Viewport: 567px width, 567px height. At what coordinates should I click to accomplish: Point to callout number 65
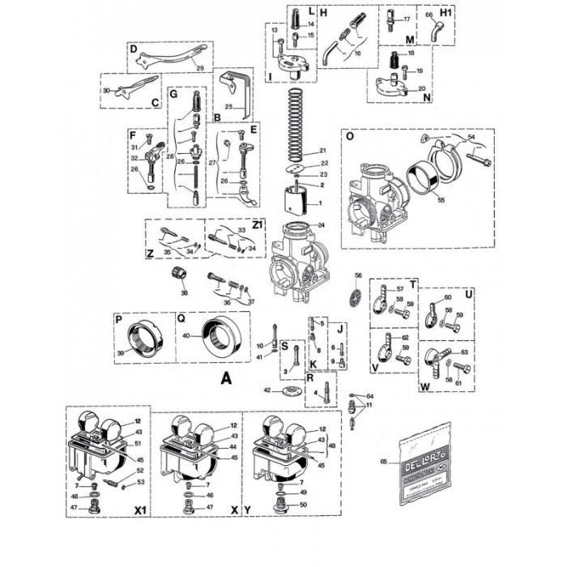[x=394, y=463]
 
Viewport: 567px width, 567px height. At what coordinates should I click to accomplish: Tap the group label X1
[x=139, y=511]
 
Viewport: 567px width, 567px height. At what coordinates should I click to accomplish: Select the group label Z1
[x=258, y=224]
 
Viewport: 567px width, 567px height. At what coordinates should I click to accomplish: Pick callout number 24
[x=322, y=225]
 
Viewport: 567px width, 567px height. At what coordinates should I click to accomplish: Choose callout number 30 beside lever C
[x=106, y=91]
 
